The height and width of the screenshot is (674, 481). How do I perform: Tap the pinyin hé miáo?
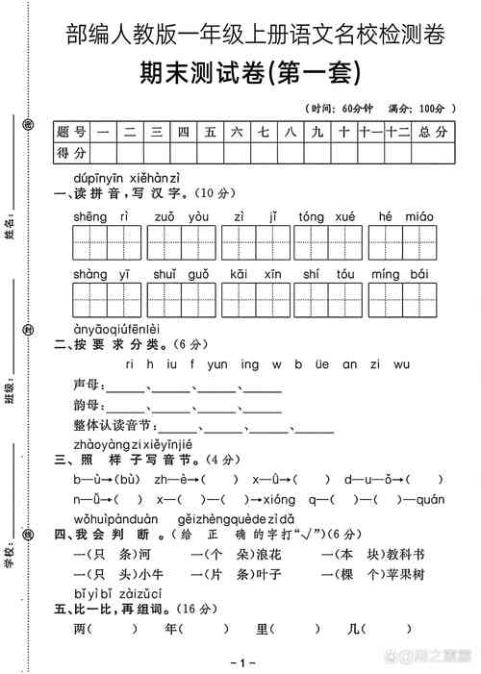coord(402,216)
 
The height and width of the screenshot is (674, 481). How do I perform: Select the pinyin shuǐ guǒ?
coord(180,274)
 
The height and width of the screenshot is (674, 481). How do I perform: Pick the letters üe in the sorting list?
coord(321,363)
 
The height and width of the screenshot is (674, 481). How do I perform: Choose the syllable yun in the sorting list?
coord(217,363)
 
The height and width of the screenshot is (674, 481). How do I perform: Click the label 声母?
coord(87,385)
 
